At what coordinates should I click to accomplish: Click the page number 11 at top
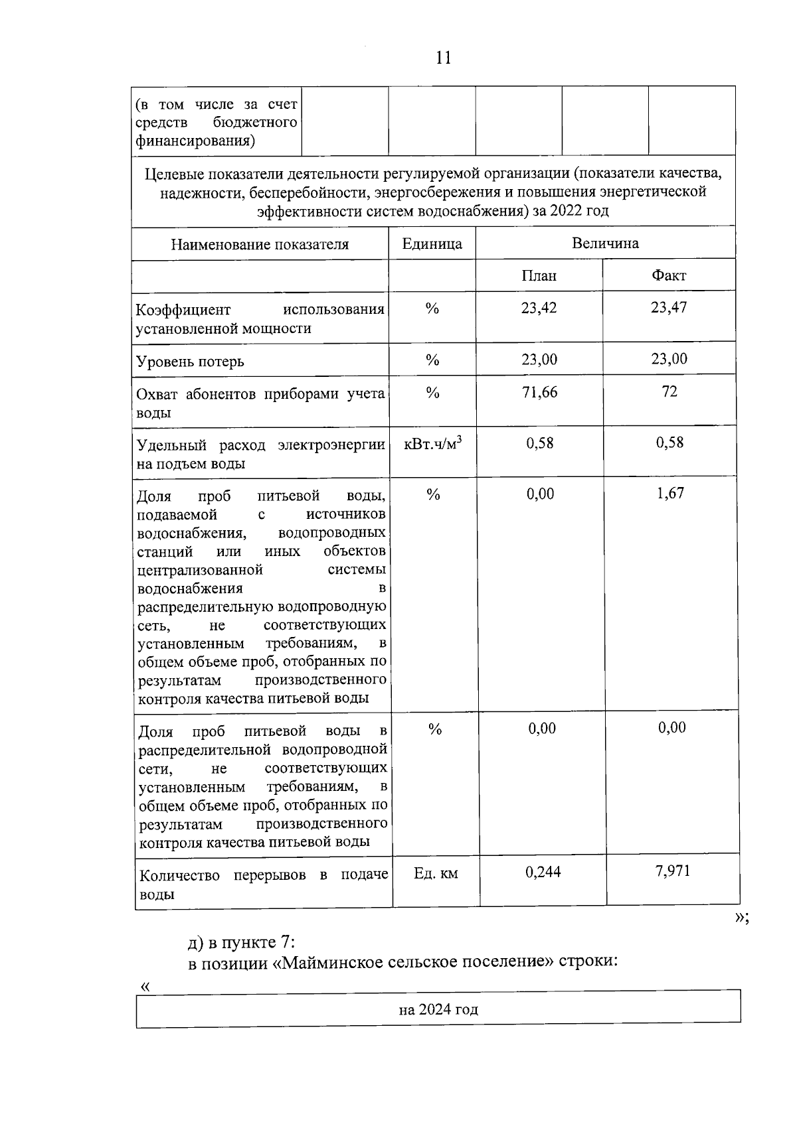tap(443, 58)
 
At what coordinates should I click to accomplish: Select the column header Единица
tap(432, 244)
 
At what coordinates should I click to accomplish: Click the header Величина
tap(605, 243)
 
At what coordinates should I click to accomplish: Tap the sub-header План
tap(539, 275)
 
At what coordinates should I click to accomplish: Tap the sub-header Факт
tap(669, 275)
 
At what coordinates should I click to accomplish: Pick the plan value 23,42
tap(539, 308)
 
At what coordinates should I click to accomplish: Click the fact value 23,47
tap(669, 307)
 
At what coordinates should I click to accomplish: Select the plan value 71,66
tap(539, 392)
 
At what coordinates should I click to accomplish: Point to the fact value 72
tap(669, 391)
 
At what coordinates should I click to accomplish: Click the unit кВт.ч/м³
tap(432, 443)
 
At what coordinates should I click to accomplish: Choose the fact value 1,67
tap(670, 493)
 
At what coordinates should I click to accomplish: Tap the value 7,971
tap(672, 871)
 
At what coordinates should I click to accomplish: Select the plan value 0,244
tap(543, 872)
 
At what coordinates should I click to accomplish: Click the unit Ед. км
tap(435, 873)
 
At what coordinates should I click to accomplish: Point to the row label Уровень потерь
tap(190, 362)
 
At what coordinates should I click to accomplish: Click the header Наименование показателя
tap(260, 244)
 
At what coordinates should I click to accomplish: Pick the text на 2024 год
tap(438, 1010)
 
